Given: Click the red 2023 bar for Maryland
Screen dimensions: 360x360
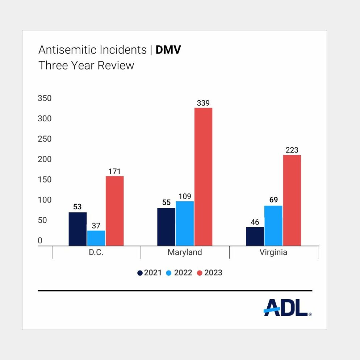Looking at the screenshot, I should coord(203,177).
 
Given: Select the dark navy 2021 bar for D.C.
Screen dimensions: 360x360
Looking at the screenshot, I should coord(78,229).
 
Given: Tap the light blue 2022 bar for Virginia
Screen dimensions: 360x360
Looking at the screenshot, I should coord(273,226).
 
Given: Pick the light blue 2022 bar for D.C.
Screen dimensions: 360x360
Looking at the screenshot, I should coord(96,238).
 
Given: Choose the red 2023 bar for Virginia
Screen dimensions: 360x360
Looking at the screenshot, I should coord(292,200).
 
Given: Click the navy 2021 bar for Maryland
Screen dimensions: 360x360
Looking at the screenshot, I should coord(166,227).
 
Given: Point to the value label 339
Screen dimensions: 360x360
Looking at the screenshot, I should coord(203,103).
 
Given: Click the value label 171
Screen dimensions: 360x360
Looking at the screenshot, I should coord(114,171).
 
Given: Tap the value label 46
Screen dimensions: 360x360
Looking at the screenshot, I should coord(255,222).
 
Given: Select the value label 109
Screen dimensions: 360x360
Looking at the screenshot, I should coord(185,196).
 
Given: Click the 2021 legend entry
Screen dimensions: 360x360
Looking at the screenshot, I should coord(149,273).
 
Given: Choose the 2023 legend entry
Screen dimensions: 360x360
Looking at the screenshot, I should coord(209,273).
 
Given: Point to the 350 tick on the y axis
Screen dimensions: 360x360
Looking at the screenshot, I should coord(45,99).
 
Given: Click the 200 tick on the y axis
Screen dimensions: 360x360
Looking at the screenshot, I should coord(45,159).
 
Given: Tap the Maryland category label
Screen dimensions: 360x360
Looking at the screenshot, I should coord(185,252).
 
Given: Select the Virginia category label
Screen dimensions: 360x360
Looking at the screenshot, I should coord(273,252).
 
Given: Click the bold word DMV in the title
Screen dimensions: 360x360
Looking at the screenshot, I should coord(168,50).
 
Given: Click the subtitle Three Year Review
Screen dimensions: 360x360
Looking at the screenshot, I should coord(86,66).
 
